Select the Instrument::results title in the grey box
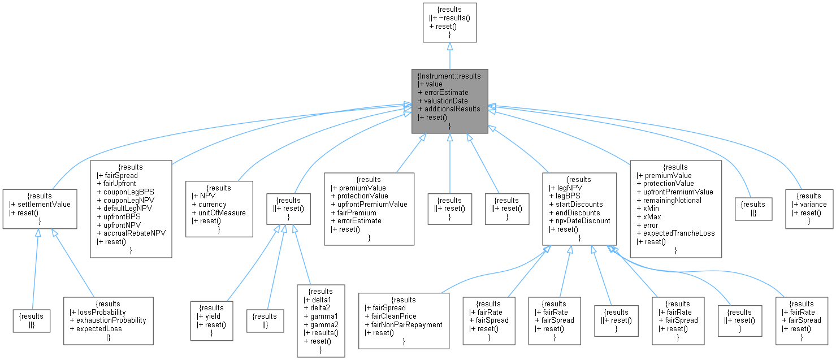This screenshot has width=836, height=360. (449, 75)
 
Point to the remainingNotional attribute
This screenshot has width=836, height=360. (673, 200)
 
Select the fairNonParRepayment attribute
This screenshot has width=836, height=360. (404, 324)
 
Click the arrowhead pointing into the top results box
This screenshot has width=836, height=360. (449, 47)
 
